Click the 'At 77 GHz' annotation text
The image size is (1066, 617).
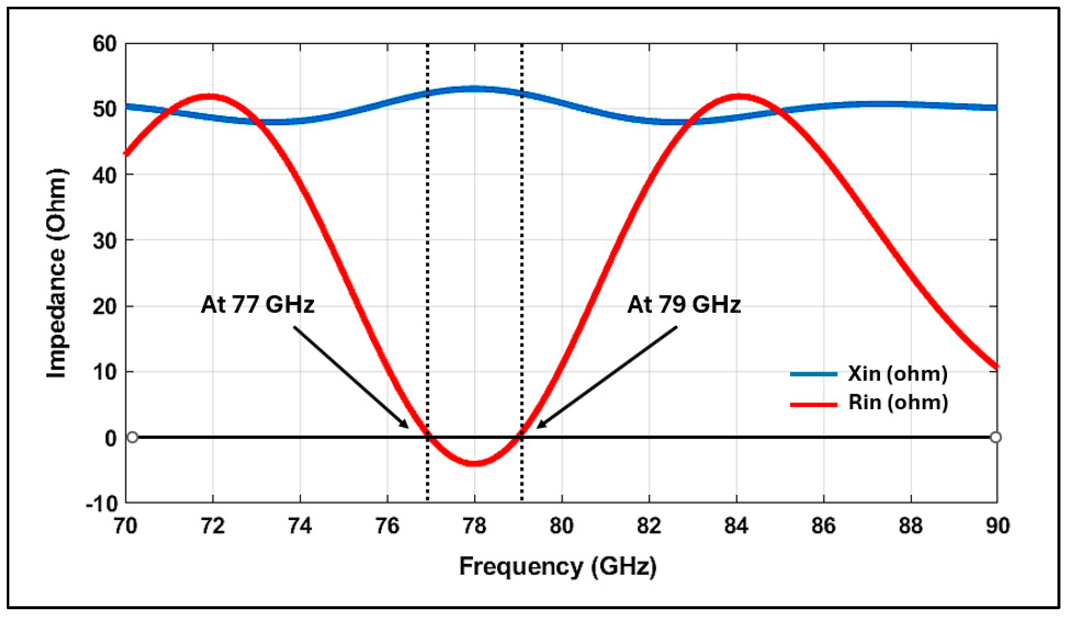(x=257, y=304)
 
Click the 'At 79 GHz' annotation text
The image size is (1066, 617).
(x=684, y=304)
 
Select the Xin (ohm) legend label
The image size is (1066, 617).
(x=897, y=374)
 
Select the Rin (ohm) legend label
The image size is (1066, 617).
(x=898, y=402)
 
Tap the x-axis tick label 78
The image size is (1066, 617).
(x=474, y=526)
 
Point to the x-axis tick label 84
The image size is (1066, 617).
(x=736, y=526)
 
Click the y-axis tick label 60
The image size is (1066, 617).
(x=104, y=44)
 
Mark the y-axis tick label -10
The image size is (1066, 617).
(x=102, y=503)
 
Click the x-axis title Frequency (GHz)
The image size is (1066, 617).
(x=557, y=567)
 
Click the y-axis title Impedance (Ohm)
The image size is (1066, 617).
(x=57, y=273)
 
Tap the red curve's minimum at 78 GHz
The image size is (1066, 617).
(x=474, y=463)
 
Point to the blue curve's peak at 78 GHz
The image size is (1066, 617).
(x=474, y=89)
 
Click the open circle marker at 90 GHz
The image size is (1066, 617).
(x=996, y=437)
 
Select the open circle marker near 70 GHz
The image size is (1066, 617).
(x=132, y=437)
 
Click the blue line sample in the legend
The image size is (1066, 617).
(x=814, y=374)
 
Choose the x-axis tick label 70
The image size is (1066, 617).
(x=126, y=526)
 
